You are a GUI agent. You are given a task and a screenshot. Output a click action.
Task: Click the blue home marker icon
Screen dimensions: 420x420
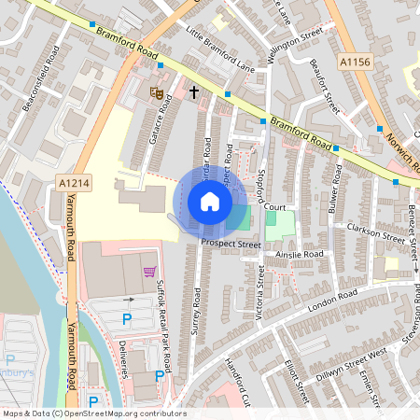coord(210,202)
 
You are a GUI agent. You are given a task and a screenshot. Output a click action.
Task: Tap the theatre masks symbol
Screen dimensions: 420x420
coord(157,92)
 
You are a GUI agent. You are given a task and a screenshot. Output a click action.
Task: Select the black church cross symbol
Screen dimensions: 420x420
coord(194,92)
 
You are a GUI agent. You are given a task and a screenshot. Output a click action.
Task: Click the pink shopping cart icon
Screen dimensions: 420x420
coord(149,272)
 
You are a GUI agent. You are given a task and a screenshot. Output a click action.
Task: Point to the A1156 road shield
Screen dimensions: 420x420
coord(356,61)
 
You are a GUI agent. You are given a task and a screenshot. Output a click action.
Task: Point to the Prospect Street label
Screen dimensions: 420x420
coord(231,244)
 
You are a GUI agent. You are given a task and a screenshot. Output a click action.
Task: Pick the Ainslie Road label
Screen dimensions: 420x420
coord(299,254)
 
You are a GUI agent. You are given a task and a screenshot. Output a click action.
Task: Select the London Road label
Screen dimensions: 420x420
coord(332,300)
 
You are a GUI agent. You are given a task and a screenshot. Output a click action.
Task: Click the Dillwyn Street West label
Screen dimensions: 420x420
coord(350,355)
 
